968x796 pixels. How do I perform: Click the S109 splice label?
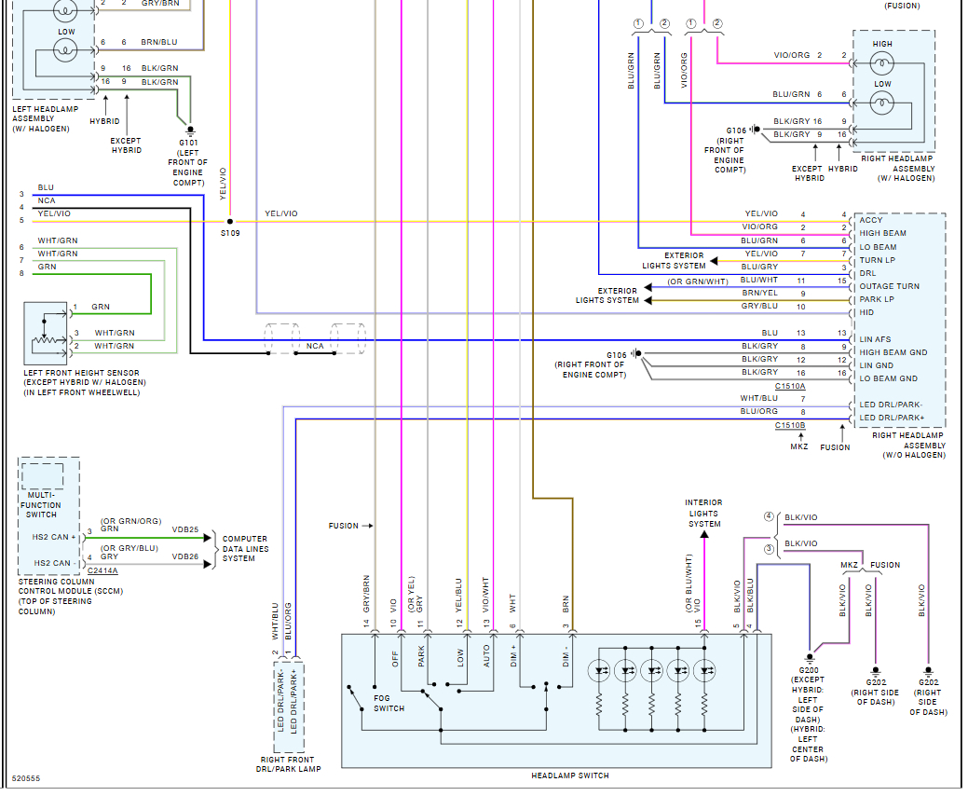pos(230,233)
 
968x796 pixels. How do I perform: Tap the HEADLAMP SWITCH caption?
pos(570,775)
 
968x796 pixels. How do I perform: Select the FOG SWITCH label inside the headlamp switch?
pos(389,703)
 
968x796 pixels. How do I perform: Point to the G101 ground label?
pos(188,142)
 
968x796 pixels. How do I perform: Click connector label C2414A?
pos(102,570)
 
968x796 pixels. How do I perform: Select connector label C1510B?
pos(790,425)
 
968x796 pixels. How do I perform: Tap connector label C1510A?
pos(790,385)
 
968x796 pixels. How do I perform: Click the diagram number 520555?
pos(26,778)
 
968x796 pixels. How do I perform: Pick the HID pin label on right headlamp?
pos(866,312)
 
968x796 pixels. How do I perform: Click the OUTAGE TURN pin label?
pos(889,286)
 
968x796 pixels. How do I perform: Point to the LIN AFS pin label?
pos(875,339)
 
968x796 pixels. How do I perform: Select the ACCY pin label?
pos(870,220)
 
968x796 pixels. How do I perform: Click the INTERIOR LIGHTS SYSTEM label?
pos(703,514)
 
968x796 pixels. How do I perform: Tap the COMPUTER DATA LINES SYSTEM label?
pos(245,548)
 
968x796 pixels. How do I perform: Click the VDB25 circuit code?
pos(185,529)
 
